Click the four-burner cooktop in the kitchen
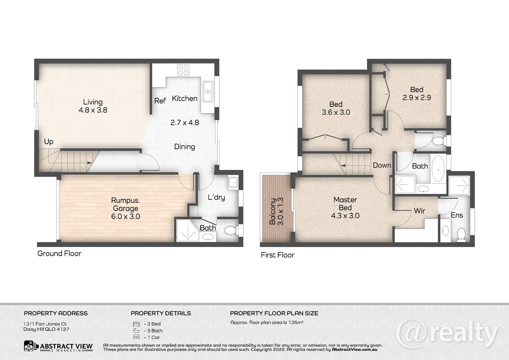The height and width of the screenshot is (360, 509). pos(183,70)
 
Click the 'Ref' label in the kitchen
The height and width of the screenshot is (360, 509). pos(160,101)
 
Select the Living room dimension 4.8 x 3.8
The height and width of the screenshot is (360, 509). pos(93,110)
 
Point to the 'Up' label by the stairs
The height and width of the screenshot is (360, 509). pos(49,142)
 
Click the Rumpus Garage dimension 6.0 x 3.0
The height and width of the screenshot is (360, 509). pos(126,216)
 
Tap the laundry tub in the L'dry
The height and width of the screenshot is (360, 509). pos(233,182)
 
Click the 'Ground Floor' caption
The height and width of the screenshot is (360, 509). pos(59,254)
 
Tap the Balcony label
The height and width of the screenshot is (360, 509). pos(273,212)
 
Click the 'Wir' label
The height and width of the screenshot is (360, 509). pos(419,211)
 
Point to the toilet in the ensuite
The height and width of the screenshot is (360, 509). pos(461,234)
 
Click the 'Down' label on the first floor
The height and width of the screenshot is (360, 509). pos(382,165)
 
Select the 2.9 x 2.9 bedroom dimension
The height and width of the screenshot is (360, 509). pos(417,98)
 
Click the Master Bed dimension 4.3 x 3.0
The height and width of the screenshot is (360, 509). pos(345,215)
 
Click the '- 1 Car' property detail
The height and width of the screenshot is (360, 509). pos(152,338)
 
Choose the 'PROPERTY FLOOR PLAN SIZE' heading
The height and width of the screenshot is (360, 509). pos(274,313)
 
